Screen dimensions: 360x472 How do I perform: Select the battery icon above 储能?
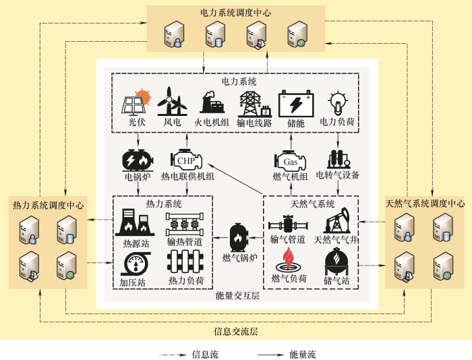click(x=295, y=103)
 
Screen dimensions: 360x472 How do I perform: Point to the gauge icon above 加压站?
click(x=134, y=262)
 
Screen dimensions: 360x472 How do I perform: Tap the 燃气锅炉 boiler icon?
click(x=240, y=237)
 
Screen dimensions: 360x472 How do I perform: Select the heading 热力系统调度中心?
click(x=48, y=204)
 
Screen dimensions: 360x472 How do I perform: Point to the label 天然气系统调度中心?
click(x=425, y=203)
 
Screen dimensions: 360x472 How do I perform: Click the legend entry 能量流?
click(x=302, y=354)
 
